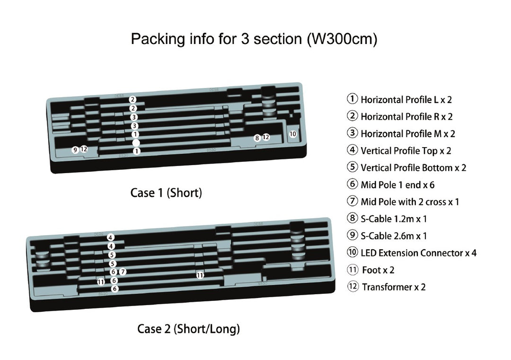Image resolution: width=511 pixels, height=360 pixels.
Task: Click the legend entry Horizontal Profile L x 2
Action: click(400, 100)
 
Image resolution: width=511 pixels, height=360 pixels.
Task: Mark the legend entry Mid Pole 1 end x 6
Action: click(397, 185)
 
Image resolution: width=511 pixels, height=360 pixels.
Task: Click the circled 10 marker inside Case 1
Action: click(293, 134)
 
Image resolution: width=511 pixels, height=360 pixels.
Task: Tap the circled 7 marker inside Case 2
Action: click(123, 272)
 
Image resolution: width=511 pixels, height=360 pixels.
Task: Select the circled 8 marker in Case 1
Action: click(257, 138)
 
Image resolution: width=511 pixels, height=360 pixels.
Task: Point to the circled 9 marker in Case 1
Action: click(75, 150)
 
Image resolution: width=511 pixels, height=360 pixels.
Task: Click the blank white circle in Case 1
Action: click(136, 143)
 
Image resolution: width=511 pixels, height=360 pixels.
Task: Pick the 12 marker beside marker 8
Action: click(266, 137)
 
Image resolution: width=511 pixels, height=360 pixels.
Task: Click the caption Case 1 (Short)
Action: click(166, 193)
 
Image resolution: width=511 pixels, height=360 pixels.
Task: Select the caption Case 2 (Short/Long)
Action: click(188, 329)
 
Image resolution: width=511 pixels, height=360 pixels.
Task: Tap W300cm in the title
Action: click(342, 39)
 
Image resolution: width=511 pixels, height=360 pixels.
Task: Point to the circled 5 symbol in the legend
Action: click(352, 167)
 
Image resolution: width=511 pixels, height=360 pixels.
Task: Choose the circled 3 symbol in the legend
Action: click(352, 133)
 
